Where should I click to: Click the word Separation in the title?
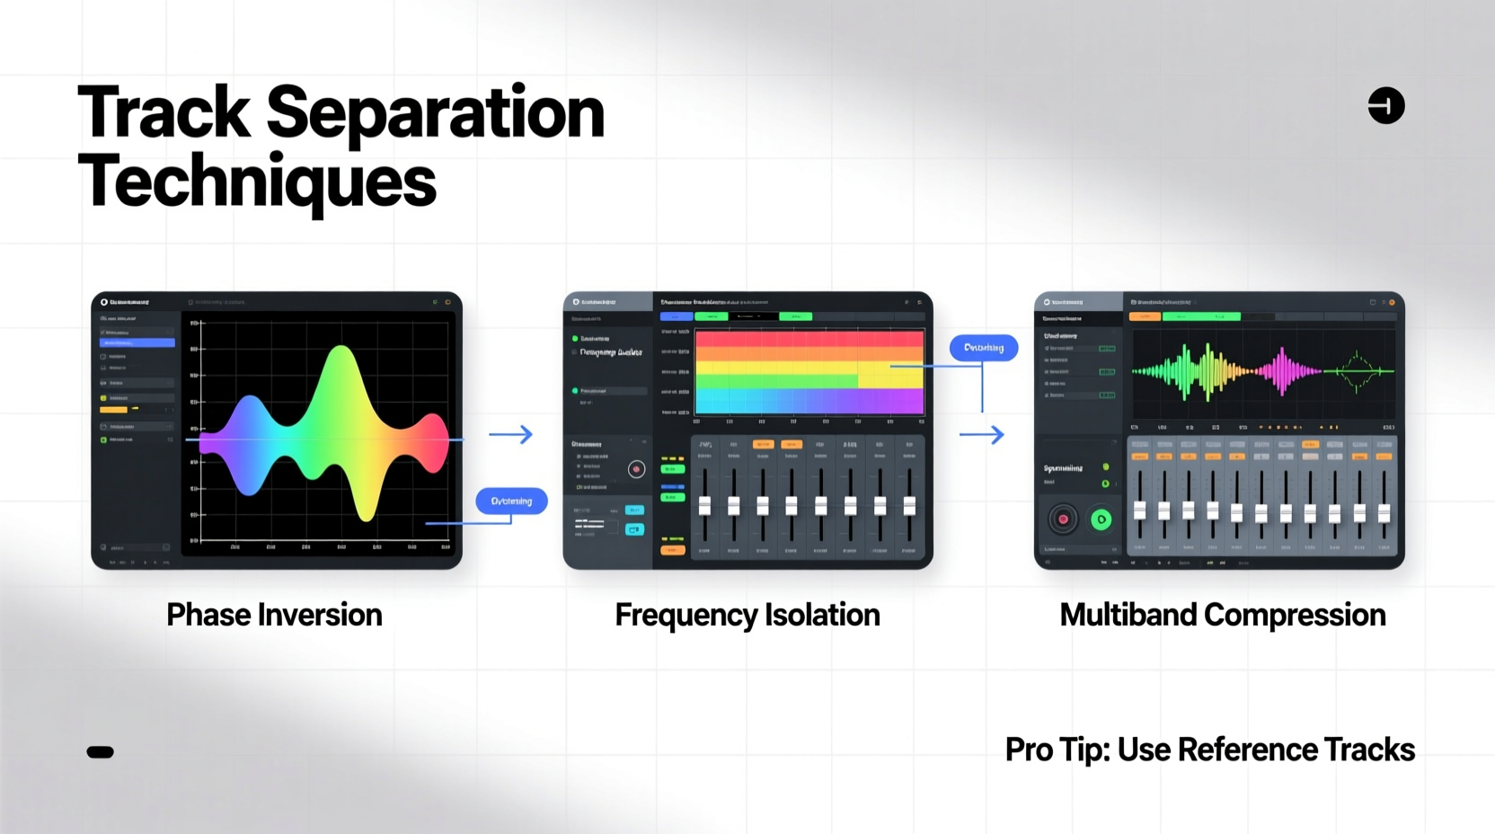click(x=435, y=113)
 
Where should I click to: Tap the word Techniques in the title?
click(x=257, y=182)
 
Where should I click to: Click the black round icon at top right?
click(x=1385, y=105)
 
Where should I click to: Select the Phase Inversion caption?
click(x=274, y=615)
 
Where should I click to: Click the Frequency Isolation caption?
click(x=747, y=615)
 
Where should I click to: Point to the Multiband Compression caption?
click(x=1222, y=615)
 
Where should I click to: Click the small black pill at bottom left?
click(x=100, y=752)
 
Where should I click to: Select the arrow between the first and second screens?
click(x=510, y=435)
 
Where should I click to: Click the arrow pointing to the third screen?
click(x=981, y=435)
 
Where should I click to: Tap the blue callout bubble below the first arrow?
click(x=511, y=501)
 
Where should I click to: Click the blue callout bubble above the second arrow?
click(x=983, y=348)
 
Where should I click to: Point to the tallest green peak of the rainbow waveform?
click(x=341, y=359)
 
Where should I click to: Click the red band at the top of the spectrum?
click(x=809, y=339)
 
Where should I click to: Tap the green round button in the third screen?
click(x=1101, y=519)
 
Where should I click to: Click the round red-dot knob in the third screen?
click(x=1063, y=519)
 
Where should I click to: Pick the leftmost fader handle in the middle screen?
click(x=704, y=506)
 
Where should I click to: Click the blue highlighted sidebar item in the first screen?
click(x=137, y=342)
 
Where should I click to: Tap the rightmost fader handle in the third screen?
click(x=1384, y=512)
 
